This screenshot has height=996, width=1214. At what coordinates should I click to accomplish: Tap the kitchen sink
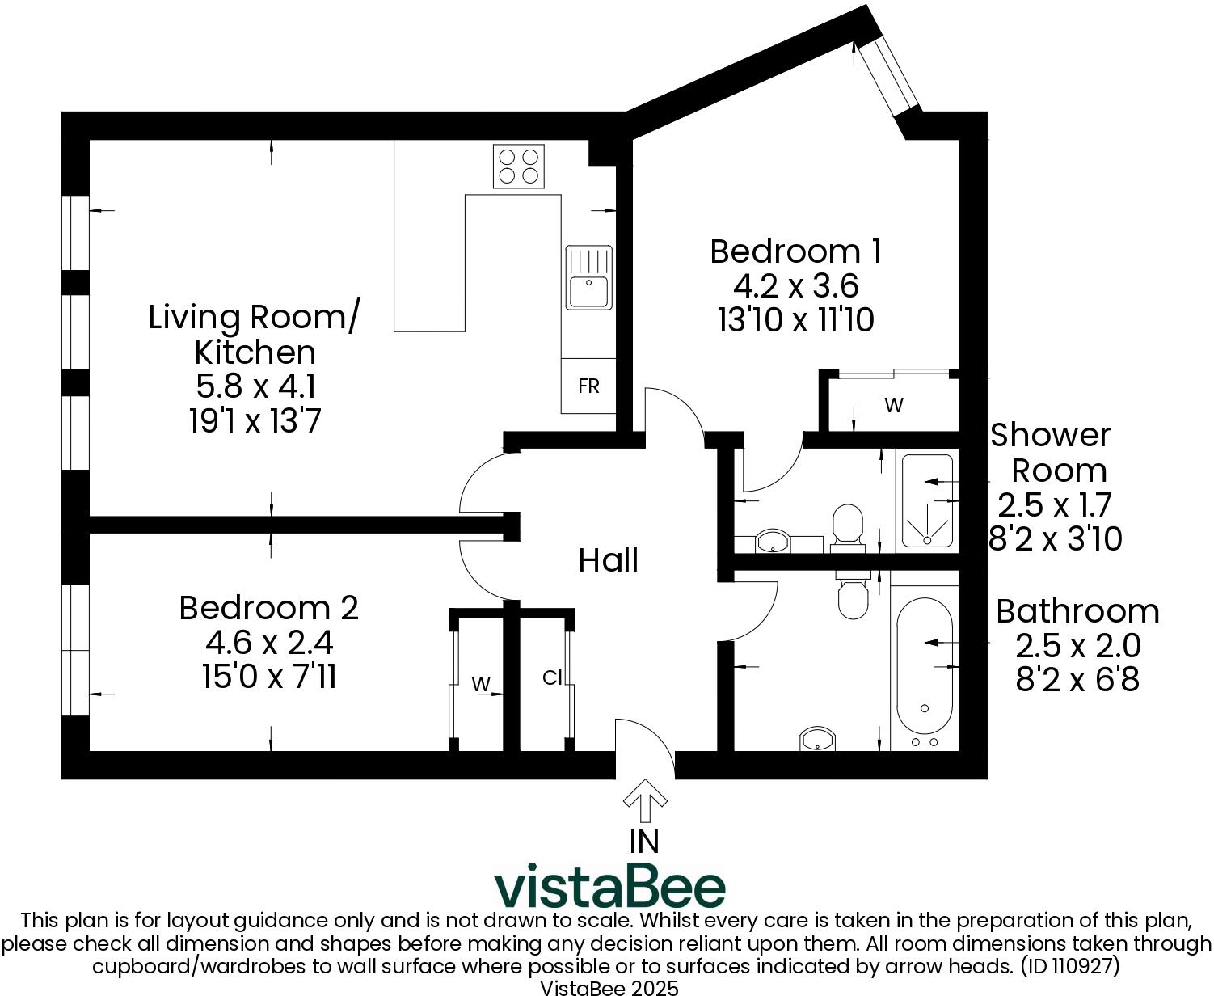click(x=588, y=278)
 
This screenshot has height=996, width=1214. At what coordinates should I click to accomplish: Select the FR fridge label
click(x=588, y=386)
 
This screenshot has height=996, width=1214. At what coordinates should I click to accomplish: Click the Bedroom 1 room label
click(x=795, y=251)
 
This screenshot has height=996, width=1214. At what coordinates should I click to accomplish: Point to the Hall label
click(x=608, y=560)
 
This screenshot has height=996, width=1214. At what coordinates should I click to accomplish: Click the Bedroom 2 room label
click(x=268, y=608)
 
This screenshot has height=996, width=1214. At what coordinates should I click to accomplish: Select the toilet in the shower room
click(x=847, y=525)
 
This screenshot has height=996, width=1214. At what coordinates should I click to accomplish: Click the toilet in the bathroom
click(x=851, y=593)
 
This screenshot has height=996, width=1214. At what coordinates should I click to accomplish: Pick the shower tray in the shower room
click(x=927, y=501)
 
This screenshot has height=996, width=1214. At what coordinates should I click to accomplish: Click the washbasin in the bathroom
click(x=817, y=738)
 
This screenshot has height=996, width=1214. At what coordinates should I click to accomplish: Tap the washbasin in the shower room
click(x=773, y=542)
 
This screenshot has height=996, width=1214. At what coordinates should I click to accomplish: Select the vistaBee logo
click(x=609, y=887)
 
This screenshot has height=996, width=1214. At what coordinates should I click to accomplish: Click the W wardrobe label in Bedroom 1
click(x=893, y=406)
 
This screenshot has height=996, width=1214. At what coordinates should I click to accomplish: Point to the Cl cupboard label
click(x=551, y=678)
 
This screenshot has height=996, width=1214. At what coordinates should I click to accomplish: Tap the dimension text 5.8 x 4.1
click(x=255, y=386)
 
